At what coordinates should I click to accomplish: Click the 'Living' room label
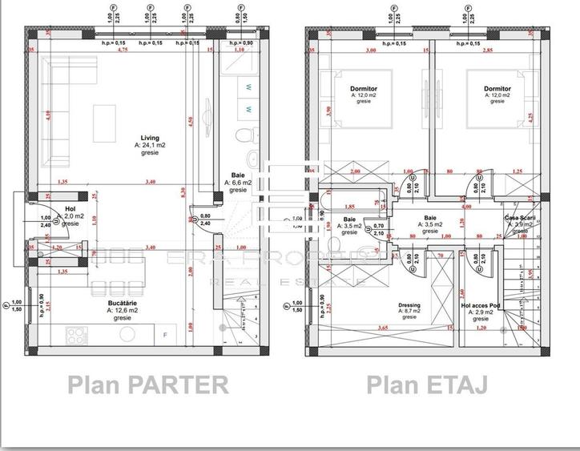(x=146, y=138)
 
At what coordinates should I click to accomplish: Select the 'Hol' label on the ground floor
(x=70, y=208)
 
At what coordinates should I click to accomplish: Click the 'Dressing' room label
(x=409, y=305)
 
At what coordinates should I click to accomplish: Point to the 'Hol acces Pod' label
(x=483, y=305)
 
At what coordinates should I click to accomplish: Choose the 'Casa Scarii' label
(x=519, y=218)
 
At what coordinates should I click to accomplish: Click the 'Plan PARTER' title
(x=148, y=385)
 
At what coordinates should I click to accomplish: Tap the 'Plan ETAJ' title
(x=427, y=385)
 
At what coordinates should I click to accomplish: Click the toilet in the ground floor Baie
(x=250, y=131)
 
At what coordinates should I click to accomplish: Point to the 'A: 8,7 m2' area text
(x=409, y=312)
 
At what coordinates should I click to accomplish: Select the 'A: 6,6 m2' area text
(x=238, y=183)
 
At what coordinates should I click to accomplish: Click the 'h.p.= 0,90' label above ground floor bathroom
(x=238, y=42)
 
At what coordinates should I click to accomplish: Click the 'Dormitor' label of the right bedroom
(x=497, y=88)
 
